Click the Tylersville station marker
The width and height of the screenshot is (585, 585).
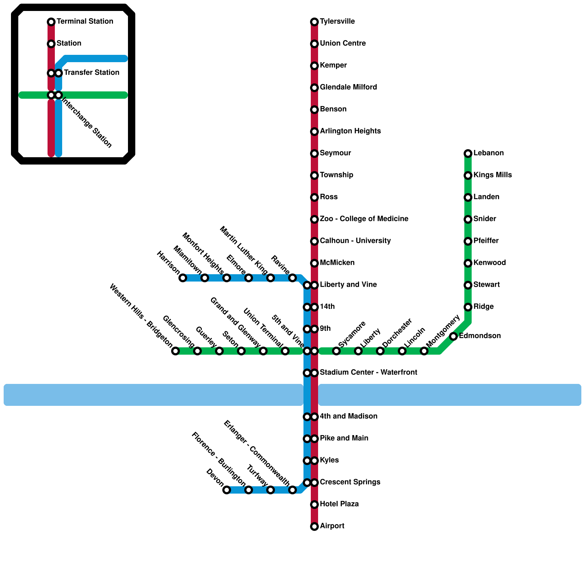coord(314,22)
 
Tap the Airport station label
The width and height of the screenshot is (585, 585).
coord(332,526)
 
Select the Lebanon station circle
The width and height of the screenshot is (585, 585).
coord(468,154)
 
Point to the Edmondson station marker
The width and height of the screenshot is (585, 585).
coord(453,336)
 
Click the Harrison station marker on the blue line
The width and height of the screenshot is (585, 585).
coord(183,278)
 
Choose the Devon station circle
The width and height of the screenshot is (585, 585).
coord(227,490)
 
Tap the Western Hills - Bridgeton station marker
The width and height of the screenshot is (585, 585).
coord(175,351)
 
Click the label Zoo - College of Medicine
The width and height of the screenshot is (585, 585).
coord(364,219)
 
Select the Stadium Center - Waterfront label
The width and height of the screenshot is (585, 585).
coord(368,373)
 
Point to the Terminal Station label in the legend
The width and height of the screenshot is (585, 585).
coord(85,22)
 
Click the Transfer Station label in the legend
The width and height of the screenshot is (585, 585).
coord(91,73)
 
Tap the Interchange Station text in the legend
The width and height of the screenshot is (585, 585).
coord(87,122)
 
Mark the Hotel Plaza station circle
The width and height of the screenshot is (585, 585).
coord(314,505)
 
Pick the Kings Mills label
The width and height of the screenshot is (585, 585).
coord(492,175)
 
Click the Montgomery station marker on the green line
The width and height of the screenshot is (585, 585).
coord(424,351)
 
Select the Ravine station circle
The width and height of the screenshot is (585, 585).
coord(292,278)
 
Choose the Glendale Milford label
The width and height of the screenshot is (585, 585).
coord(348,87)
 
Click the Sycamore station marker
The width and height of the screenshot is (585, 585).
coord(336,351)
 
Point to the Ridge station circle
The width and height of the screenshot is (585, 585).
coord(468,307)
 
